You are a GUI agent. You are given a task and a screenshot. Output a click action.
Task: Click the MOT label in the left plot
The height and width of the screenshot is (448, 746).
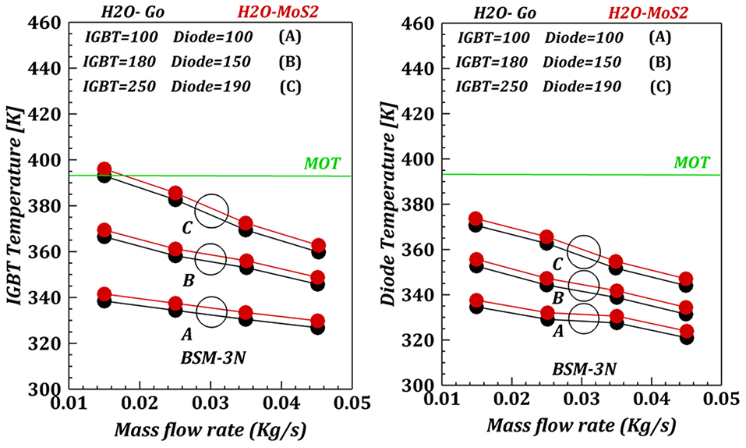coord(322,163)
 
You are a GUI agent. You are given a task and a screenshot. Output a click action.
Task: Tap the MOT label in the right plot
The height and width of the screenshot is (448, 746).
coord(691,162)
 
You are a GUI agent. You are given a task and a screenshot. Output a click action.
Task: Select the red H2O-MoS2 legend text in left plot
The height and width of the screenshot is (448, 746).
coord(278,12)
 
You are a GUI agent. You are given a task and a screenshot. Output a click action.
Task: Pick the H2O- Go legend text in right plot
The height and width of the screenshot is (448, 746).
coord(505,12)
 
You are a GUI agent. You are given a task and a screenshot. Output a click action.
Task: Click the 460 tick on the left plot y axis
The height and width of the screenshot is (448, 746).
coord(45,23)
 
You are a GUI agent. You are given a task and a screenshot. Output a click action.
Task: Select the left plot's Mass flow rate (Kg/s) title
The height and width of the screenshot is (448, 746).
coord(210,430)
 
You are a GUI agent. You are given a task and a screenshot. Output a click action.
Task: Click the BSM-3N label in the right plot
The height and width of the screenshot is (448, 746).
coord(584,369)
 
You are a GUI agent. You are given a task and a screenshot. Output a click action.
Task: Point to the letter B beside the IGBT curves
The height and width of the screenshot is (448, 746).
coord(189,281)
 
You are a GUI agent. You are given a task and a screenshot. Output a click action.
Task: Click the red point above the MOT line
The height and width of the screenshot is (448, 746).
coord(104,169)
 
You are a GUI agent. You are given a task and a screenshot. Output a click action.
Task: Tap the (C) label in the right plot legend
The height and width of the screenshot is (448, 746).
coord(660,87)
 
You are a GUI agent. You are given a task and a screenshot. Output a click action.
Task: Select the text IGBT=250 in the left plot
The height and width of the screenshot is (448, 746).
coord(119,87)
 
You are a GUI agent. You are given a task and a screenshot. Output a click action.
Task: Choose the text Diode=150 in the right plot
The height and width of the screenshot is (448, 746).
coord(582,62)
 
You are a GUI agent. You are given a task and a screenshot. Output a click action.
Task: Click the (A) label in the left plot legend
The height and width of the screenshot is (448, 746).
coord(290,37)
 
